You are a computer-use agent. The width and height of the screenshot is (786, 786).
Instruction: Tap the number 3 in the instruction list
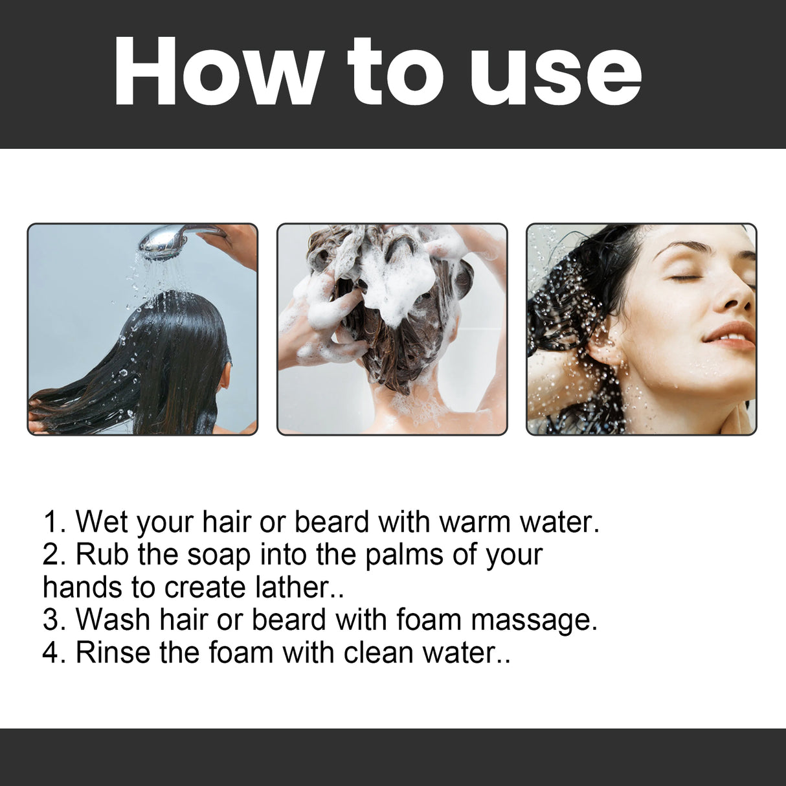(x=51, y=620)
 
